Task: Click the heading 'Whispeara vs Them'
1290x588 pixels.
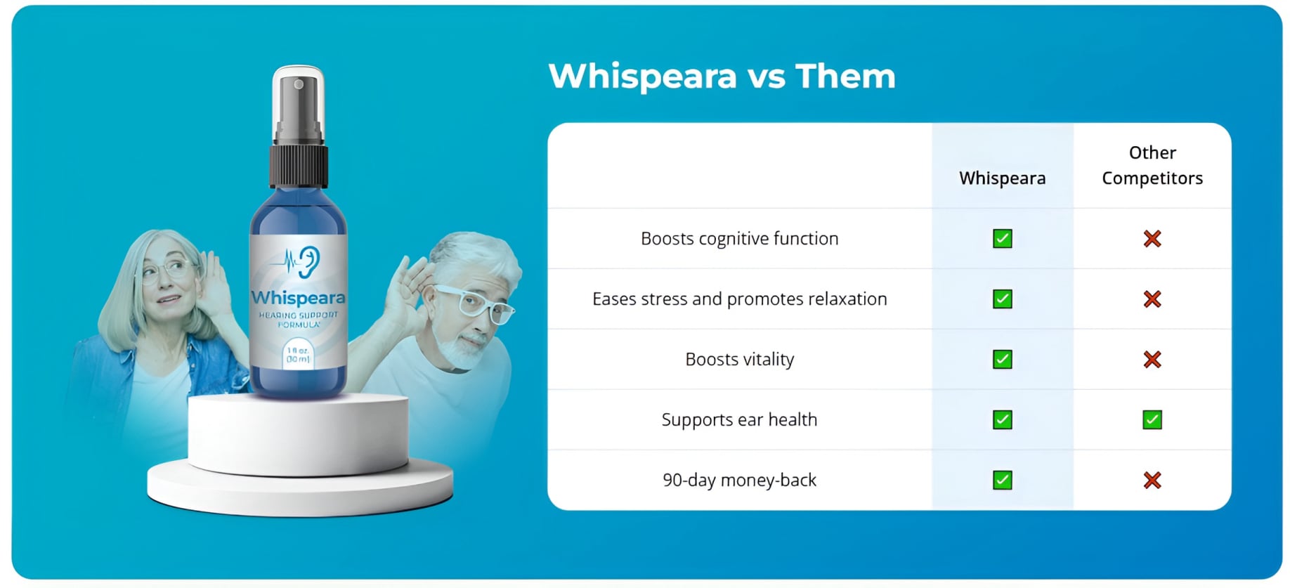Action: [722, 76]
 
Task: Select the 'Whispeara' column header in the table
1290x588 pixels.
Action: [1002, 178]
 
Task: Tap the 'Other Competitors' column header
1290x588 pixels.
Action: [1152, 166]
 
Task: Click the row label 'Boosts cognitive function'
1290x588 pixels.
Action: [739, 239]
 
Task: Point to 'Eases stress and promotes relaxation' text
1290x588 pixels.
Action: [739, 299]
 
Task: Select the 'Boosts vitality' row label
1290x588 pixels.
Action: [739, 360]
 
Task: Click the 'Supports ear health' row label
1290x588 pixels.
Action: [739, 420]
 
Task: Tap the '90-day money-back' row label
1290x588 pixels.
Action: [739, 481]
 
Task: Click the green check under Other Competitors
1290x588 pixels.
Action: [1152, 420]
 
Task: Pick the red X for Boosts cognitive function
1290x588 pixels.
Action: [1152, 239]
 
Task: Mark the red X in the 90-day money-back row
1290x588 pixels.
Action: [1152, 481]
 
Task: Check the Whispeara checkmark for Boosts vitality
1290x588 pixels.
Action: [1002, 360]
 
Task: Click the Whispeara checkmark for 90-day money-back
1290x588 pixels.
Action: [1002, 481]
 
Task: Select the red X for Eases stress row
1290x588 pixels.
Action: [1152, 299]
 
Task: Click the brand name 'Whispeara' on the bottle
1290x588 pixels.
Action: [298, 298]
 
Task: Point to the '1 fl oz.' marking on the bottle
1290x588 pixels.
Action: [298, 351]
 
